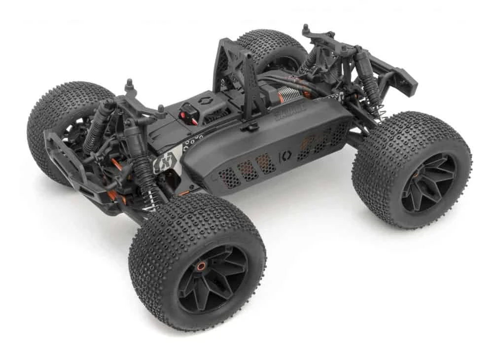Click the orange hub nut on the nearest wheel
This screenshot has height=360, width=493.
[201, 266]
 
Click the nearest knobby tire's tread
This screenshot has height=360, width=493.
[163, 232]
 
